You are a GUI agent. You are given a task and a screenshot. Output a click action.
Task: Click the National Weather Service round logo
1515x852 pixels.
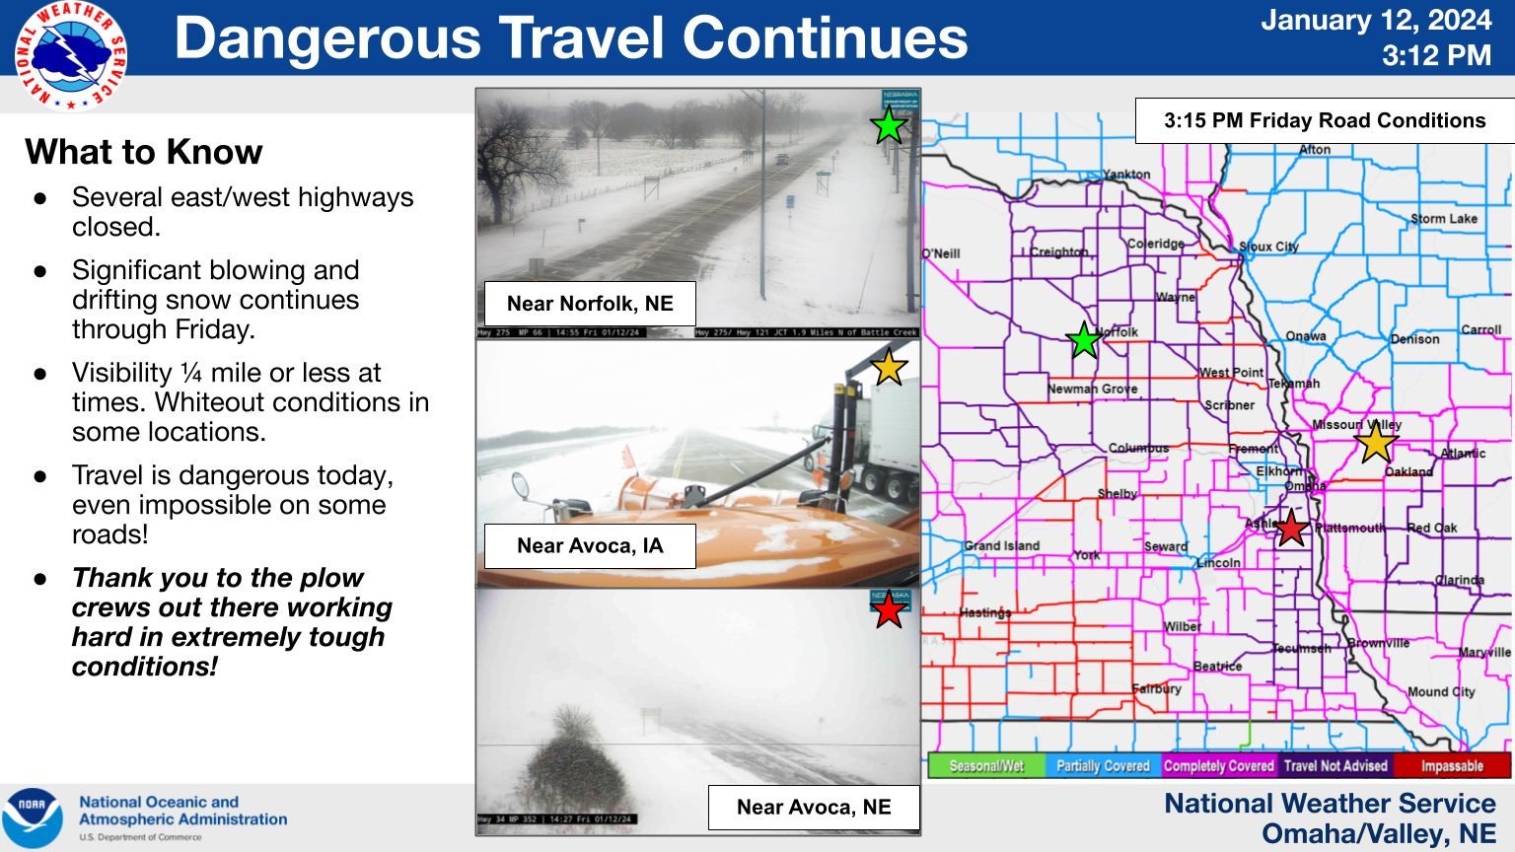click(71, 56)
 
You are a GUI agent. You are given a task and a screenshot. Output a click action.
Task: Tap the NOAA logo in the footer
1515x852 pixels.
click(33, 817)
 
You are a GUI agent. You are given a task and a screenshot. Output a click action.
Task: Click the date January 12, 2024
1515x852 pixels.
click(1376, 20)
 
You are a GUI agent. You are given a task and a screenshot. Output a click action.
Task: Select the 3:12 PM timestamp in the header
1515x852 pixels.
click(1436, 55)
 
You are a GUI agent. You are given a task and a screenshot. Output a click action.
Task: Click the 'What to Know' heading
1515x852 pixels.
click(144, 152)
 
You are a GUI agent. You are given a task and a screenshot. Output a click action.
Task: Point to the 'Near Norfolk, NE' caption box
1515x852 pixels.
click(590, 304)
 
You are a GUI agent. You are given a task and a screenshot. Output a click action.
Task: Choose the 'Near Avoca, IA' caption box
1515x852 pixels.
click(590, 546)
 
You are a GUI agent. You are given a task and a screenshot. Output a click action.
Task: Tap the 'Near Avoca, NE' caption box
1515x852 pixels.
click(814, 808)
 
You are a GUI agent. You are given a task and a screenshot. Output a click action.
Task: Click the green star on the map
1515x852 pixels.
click(1084, 340)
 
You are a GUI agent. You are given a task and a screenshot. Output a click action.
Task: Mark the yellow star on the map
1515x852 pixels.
click(1375, 442)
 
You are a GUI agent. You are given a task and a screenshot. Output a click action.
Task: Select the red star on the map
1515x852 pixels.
click(1291, 529)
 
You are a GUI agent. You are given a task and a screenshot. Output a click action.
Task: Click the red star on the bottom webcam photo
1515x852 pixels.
click(889, 610)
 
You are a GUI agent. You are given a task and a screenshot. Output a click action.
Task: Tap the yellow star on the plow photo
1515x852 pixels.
click(889, 367)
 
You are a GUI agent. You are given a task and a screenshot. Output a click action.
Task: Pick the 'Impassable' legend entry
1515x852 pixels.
click(1451, 766)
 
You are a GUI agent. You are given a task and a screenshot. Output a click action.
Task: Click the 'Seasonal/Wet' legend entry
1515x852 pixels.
click(986, 766)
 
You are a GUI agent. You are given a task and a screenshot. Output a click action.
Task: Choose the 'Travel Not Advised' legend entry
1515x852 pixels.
click(1335, 766)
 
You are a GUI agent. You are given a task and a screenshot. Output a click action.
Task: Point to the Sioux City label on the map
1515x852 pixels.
click(1268, 247)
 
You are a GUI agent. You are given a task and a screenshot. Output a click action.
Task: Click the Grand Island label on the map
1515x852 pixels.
click(1001, 545)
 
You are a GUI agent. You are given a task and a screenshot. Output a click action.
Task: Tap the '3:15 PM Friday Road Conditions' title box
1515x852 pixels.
click(1325, 121)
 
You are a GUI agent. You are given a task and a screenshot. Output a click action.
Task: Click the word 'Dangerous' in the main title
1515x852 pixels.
click(327, 37)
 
